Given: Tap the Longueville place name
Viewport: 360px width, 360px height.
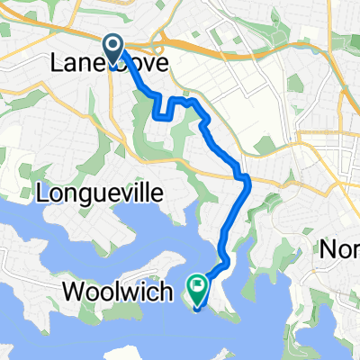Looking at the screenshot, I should [85, 191].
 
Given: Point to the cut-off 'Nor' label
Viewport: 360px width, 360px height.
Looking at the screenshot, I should [340, 249].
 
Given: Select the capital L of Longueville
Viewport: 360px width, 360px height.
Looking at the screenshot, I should [40, 191].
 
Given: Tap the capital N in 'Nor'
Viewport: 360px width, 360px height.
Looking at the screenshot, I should [328, 249].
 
